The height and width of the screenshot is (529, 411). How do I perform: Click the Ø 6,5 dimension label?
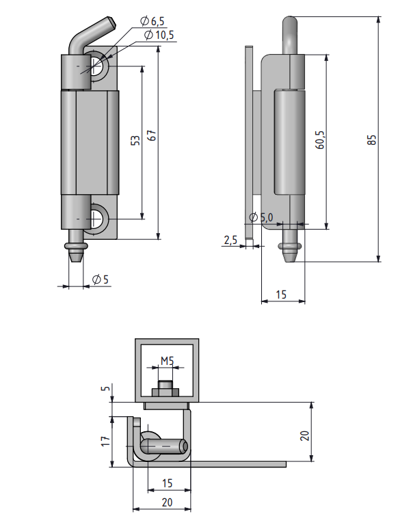pyautogui.click(x=153, y=23)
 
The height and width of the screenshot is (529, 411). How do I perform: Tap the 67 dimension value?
pyautogui.click(x=153, y=136)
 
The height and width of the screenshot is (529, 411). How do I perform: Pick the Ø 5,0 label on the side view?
pyautogui.click(x=261, y=217)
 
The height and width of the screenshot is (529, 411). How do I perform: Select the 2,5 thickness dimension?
pyautogui.click(x=230, y=240)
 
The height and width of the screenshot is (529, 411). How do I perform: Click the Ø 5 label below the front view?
pyautogui.click(x=100, y=279)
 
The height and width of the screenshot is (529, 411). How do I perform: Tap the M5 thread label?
pyautogui.click(x=168, y=360)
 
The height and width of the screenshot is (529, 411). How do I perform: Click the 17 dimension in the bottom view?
pyautogui.click(x=105, y=442)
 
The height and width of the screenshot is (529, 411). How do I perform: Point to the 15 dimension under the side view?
pyautogui.click(x=280, y=295)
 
